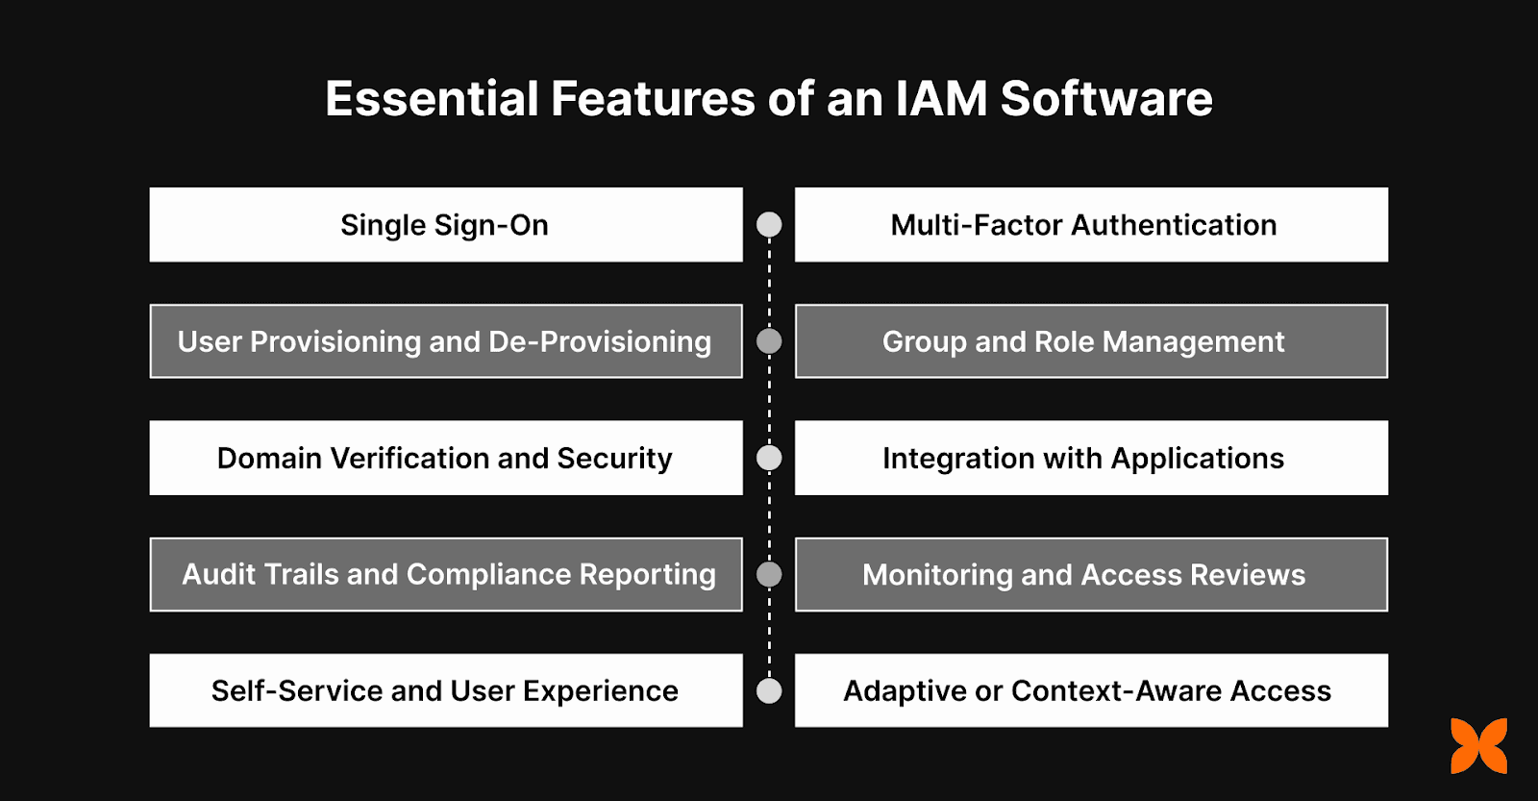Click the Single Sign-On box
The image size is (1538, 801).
446,225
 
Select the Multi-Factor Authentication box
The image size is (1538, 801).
1091,225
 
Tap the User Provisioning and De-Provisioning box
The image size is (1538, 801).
446,341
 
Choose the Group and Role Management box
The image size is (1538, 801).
1091,341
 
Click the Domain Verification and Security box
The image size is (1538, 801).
446,458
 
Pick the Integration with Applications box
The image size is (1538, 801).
1091,458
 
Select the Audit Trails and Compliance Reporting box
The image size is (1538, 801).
446,574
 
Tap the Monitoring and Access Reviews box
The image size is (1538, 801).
1091,574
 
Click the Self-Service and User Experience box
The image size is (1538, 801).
446,690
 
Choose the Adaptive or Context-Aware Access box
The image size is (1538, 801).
1091,690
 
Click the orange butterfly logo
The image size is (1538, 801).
1478,745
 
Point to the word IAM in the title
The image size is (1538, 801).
941,99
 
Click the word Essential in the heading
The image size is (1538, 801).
432,99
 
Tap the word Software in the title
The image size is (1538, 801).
1106,99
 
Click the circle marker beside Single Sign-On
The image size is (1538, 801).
769,225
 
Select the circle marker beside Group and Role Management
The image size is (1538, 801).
769,341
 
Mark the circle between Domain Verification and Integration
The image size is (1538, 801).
769,458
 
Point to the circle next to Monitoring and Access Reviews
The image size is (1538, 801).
769,574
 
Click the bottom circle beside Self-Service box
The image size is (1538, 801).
769,690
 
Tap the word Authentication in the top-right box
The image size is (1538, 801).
1174,225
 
